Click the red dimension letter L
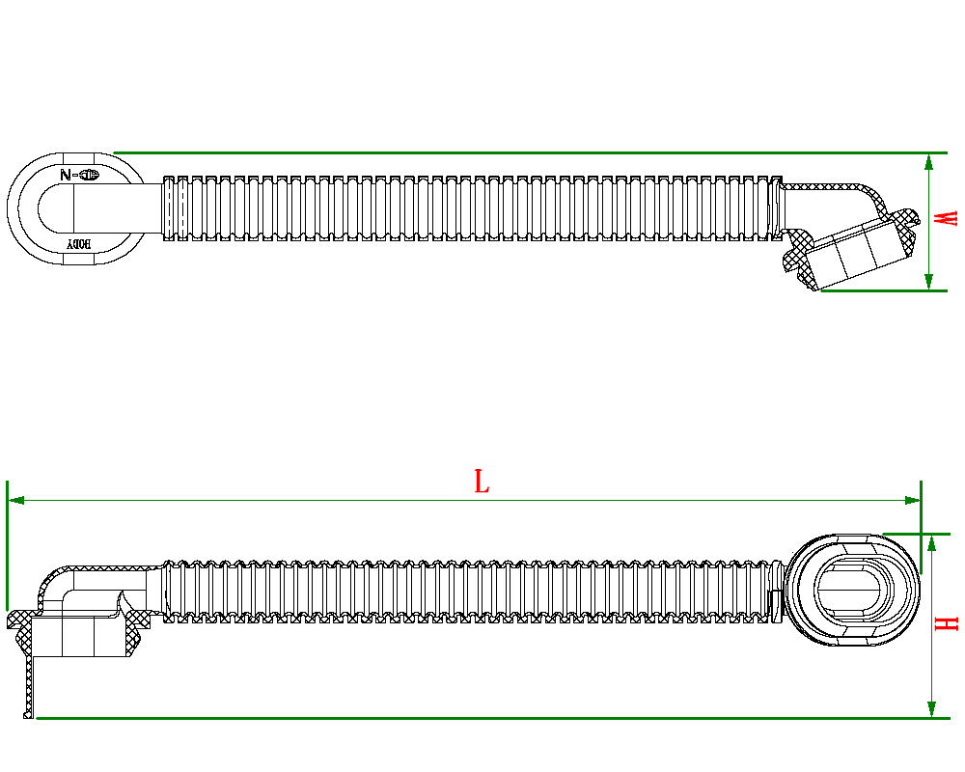point(482,482)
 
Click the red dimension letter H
point(950,623)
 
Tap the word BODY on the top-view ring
point(78,245)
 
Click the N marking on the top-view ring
point(66,176)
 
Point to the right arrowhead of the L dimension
point(913,500)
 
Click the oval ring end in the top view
point(29,207)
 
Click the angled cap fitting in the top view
point(859,246)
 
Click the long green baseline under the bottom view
point(482,718)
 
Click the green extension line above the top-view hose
point(521,152)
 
